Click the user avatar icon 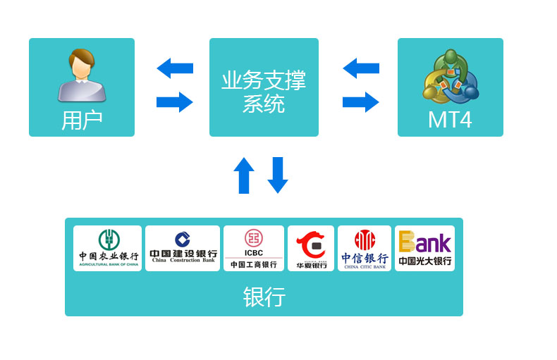point(82,75)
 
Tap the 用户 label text point(82,120)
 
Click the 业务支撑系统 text point(264,92)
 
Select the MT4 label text point(450,120)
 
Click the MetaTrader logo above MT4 point(451,75)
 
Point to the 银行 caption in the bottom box point(264,297)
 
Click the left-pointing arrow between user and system point(174,68)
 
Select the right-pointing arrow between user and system point(174,102)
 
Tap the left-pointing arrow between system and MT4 point(360,68)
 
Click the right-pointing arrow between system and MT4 point(360,102)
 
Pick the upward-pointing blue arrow point(244,175)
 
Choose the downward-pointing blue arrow point(278,175)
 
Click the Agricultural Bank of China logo point(108,248)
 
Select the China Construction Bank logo point(183,248)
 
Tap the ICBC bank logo point(254,248)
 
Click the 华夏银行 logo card point(311,248)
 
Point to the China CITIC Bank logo point(365,248)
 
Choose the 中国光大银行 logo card point(424,248)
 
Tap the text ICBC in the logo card point(254,253)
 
